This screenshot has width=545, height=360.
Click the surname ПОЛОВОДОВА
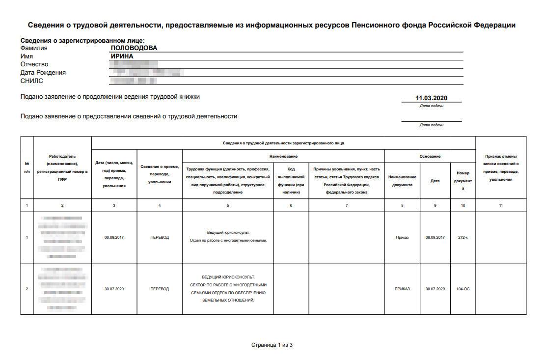pyautogui.click(x=134, y=48)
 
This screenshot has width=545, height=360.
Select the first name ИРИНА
pyautogui.click(x=122, y=56)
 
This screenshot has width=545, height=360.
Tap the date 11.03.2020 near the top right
pyautogui.click(x=432, y=98)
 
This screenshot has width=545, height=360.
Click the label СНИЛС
pyautogui.click(x=32, y=81)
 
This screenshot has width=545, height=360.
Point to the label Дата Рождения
pyautogui.click(x=43, y=73)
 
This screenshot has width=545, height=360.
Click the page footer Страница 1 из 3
pyautogui.click(x=272, y=345)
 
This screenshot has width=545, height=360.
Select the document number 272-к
pyautogui.click(x=463, y=238)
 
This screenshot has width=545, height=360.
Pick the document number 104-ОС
pyautogui.click(x=463, y=289)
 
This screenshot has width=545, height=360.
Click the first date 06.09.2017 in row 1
pyautogui.click(x=114, y=238)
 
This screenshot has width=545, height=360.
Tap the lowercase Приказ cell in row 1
pyautogui.click(x=402, y=238)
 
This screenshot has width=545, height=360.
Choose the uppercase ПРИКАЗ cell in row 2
pyautogui.click(x=402, y=289)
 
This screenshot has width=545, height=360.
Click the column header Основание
pyautogui.click(x=430, y=156)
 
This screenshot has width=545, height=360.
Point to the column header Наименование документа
pyautogui.click(x=402, y=181)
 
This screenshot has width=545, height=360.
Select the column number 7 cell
pyautogui.click(x=346, y=205)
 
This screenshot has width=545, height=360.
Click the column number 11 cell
pyautogui.click(x=501, y=205)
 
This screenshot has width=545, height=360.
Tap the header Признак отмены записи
pyautogui.click(x=501, y=164)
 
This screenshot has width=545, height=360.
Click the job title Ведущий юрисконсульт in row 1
pyautogui.click(x=228, y=232)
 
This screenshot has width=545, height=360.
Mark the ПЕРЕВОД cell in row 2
pyautogui.click(x=160, y=289)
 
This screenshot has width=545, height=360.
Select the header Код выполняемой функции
pyautogui.click(x=291, y=181)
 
